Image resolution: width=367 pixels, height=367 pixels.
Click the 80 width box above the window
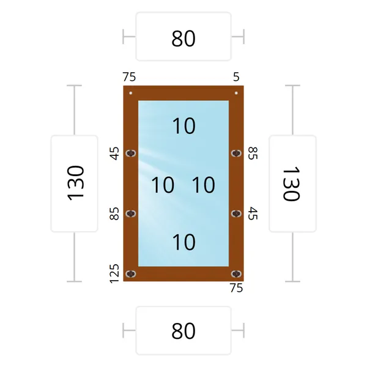click(x=183, y=37)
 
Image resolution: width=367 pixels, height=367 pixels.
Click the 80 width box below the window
click(x=183, y=330)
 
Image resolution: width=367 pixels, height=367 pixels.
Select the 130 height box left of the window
click(x=75, y=183)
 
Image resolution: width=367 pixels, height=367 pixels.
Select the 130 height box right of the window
click(x=292, y=183)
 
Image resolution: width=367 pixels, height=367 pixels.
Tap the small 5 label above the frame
click(x=236, y=77)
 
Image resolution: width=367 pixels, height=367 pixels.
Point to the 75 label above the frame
click(x=129, y=77)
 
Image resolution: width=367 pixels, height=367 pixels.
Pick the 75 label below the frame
click(x=236, y=288)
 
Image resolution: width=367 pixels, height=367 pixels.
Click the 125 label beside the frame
click(x=114, y=273)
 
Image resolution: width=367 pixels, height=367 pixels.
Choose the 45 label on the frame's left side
click(x=114, y=154)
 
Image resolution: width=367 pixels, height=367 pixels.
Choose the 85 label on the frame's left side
click(x=114, y=213)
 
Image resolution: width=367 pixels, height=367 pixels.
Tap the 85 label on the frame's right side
click(x=253, y=154)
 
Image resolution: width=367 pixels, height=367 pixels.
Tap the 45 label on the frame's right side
click(x=253, y=213)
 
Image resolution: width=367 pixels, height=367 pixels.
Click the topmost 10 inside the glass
click(x=183, y=126)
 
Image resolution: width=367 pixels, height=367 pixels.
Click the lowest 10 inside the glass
click(x=183, y=242)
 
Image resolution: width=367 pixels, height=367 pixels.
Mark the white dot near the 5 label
click(x=236, y=93)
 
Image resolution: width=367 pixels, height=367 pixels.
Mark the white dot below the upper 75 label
click(x=131, y=93)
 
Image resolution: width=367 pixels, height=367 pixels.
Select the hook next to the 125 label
click(x=131, y=273)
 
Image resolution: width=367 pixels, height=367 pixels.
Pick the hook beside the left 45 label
click(x=131, y=154)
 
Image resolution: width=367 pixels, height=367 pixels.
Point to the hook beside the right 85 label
click(x=236, y=154)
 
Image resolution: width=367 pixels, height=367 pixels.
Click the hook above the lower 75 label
click(x=236, y=273)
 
